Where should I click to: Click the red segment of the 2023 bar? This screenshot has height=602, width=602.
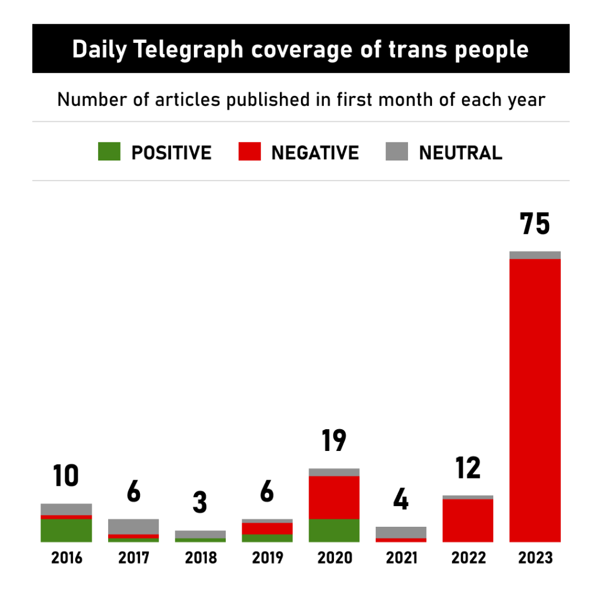[x=535, y=400]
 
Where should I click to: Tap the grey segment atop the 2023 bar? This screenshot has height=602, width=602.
[x=535, y=255]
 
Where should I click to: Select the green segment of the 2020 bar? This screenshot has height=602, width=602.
[x=334, y=530]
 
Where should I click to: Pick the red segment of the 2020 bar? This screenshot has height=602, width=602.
[x=334, y=497]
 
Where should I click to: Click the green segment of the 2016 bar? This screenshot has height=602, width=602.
[x=66, y=530]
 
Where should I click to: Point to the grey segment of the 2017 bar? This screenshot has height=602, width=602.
[x=133, y=526]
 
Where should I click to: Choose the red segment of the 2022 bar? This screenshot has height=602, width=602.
[x=468, y=520]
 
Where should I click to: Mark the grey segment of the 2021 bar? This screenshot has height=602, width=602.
[x=401, y=532]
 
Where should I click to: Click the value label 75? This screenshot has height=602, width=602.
[x=535, y=224]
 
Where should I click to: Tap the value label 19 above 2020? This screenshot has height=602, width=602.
[x=334, y=441]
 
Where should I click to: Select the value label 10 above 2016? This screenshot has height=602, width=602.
[x=66, y=476]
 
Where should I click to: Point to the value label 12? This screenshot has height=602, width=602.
[x=468, y=468]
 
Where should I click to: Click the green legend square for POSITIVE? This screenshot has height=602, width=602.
[x=109, y=152]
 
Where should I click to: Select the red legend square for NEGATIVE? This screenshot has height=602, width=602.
[x=249, y=152]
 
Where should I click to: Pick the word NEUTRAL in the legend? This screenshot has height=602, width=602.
[x=460, y=153]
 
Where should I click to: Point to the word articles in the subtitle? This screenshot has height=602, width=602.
[x=183, y=99]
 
